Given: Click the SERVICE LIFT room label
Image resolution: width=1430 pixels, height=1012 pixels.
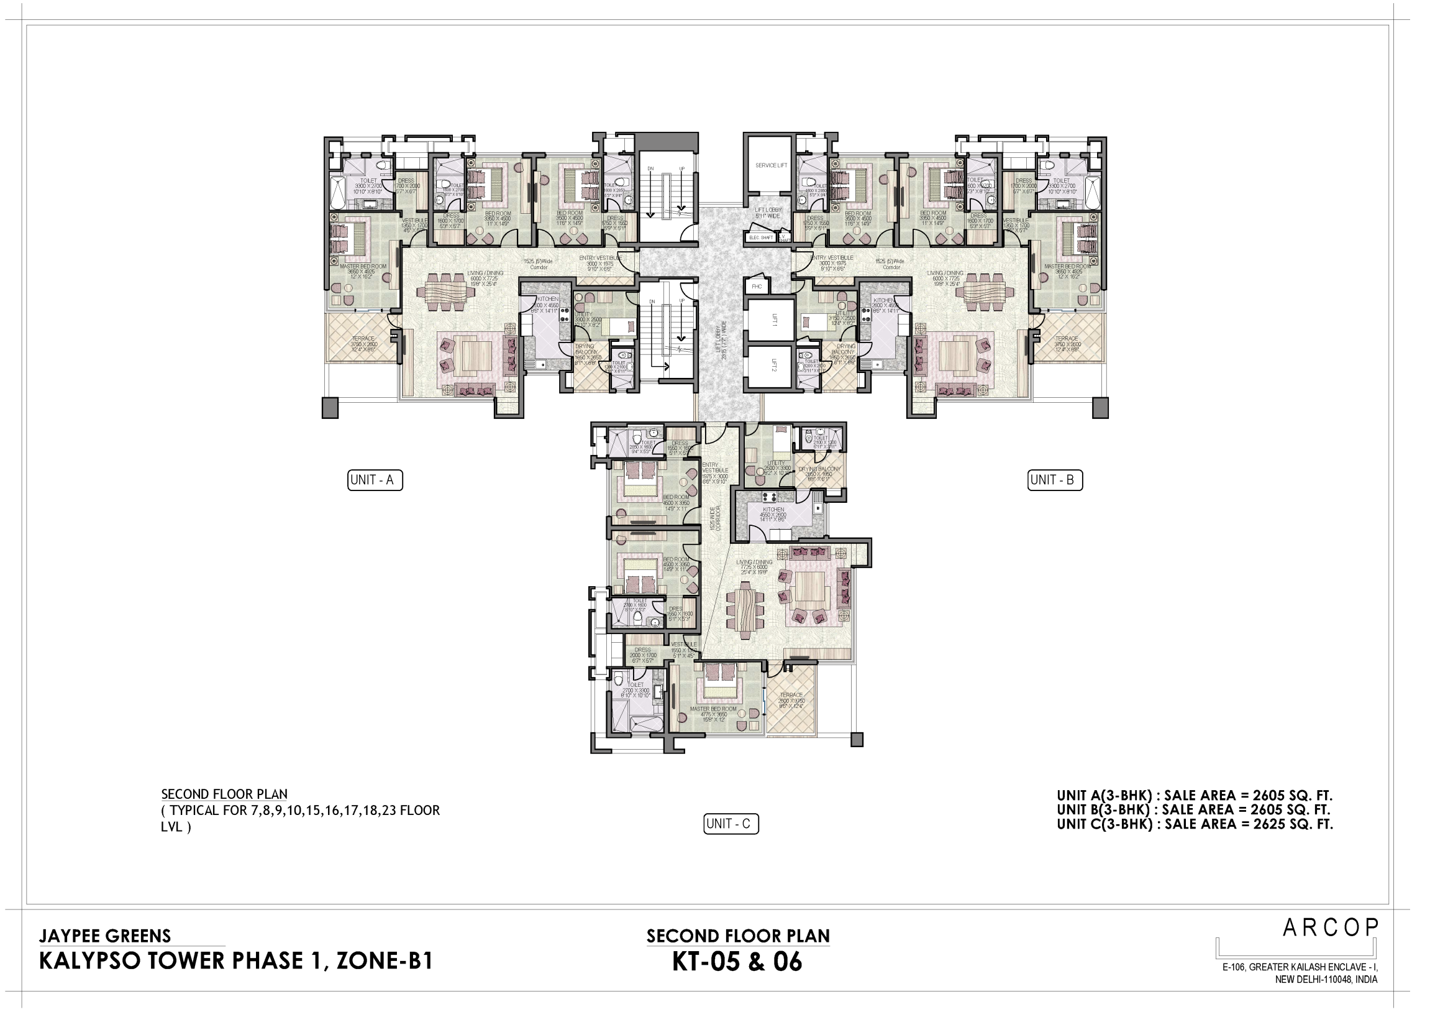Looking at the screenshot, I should (771, 165).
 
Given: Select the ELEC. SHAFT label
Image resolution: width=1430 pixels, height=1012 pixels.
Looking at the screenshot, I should (760, 237).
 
